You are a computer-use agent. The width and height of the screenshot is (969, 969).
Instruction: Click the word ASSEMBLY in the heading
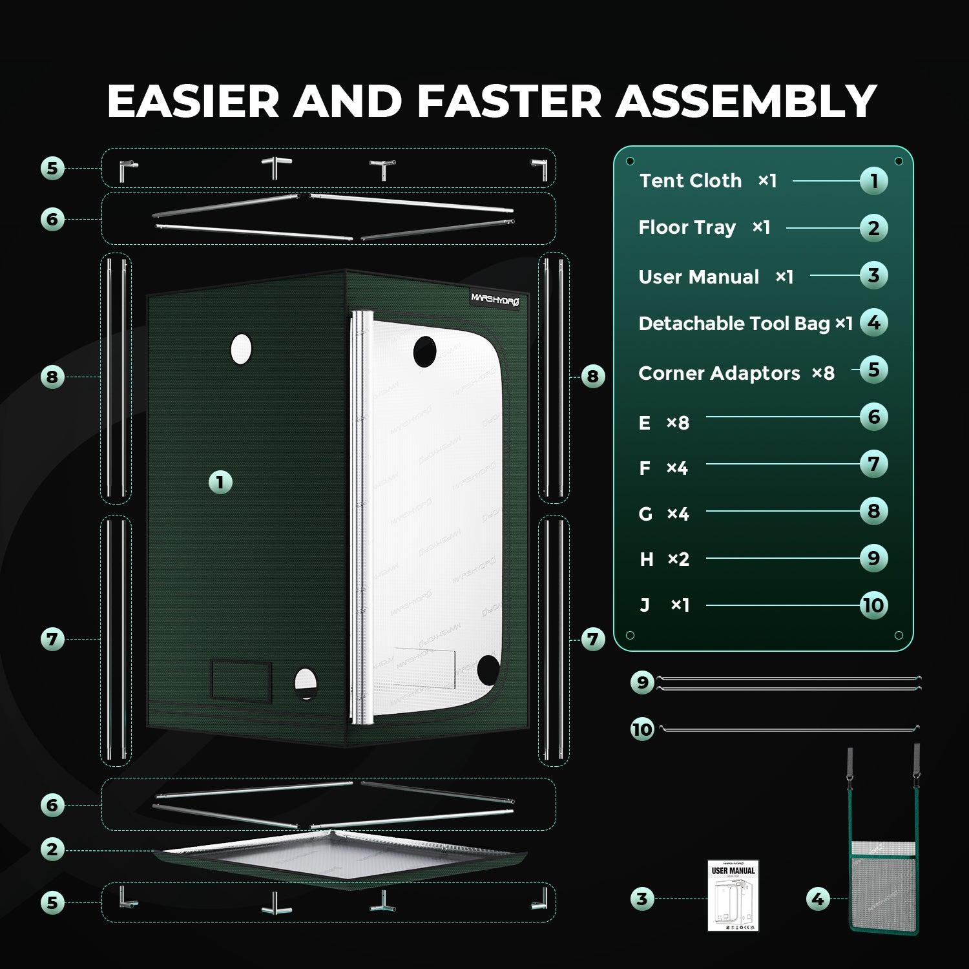[x=746, y=101]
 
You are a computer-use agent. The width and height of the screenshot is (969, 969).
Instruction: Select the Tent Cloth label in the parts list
[x=691, y=181]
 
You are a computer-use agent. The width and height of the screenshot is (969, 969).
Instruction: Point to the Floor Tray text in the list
[x=687, y=227]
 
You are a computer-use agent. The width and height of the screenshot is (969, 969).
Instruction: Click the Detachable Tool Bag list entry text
[x=734, y=323]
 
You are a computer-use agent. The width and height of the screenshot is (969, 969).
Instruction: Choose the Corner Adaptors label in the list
[x=719, y=373]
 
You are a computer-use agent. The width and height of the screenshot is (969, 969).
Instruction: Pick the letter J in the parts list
[x=645, y=605]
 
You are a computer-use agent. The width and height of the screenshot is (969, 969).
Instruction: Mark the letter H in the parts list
[x=646, y=559]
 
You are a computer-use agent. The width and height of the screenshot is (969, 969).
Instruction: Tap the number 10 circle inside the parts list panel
[x=873, y=605]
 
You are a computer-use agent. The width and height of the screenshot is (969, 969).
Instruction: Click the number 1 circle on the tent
[x=220, y=482]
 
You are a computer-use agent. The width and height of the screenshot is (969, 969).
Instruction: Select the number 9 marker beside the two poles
[x=642, y=682]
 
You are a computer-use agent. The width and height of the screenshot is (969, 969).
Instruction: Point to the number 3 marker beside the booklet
[x=641, y=899]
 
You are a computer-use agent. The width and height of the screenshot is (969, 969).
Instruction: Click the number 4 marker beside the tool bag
[x=818, y=899]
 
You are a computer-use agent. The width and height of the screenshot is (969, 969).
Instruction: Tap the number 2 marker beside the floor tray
[x=52, y=849]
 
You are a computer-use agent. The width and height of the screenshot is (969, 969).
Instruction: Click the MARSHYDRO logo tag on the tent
[x=495, y=299]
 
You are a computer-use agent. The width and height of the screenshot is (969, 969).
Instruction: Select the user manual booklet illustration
[x=733, y=895]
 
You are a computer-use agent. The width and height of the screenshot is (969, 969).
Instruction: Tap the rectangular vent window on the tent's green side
[x=241, y=680]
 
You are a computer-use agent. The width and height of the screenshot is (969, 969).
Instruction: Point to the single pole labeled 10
[x=789, y=729]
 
